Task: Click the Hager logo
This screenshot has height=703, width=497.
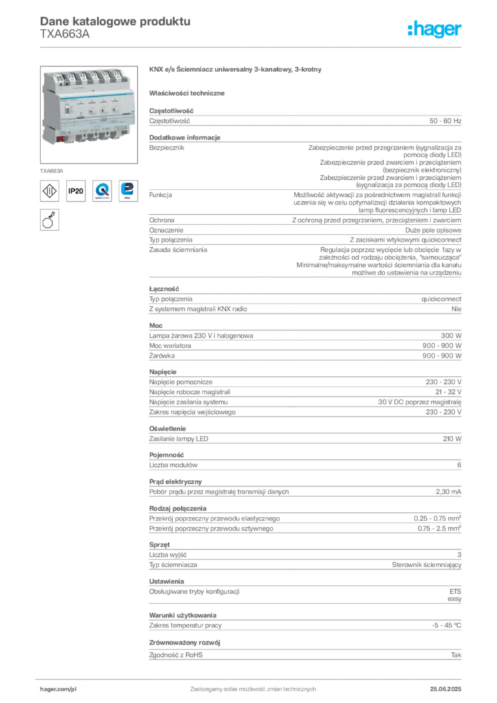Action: tap(435, 29)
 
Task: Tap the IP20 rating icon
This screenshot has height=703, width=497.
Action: tap(76, 191)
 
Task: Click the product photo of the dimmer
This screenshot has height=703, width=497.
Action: tap(89, 115)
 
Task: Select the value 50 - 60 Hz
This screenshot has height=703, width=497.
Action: tap(445, 121)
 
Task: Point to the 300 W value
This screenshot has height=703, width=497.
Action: tap(451, 336)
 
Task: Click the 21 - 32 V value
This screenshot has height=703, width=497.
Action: tap(448, 392)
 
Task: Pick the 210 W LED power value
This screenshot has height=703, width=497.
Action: tap(452, 439)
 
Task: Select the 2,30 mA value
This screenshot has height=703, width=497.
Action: tap(448, 492)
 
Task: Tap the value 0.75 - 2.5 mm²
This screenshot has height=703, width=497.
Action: tap(439, 529)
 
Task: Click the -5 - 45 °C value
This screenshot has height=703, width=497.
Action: tap(446, 625)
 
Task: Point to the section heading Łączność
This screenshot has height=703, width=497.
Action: tap(164, 289)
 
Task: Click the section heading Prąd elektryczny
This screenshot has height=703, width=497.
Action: tap(176, 482)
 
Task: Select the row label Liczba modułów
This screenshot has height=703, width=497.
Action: tap(173, 465)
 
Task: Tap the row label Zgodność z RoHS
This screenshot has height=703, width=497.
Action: tap(176, 655)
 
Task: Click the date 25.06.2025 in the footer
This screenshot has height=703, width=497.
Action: tap(446, 689)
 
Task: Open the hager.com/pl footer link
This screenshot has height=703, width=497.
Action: tap(58, 689)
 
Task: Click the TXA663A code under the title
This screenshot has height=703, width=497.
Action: tap(65, 34)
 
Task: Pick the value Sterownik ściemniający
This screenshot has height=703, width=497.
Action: tap(427, 565)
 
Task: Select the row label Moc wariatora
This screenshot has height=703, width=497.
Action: tap(170, 346)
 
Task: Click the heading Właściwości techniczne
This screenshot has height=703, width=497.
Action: tap(187, 93)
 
